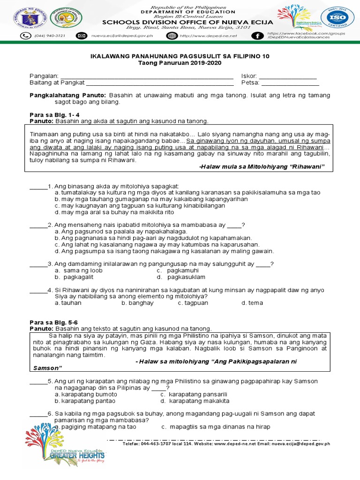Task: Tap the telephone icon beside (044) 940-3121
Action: click(24, 36)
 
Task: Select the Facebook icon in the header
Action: click(257, 36)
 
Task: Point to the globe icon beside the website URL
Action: click(172, 36)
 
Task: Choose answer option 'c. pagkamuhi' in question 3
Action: click(178, 270)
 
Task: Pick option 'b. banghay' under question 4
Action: click(138, 303)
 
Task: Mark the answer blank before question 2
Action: click(38, 225)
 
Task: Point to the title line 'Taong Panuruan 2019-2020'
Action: click(180, 63)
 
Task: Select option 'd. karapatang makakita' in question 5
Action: click(195, 401)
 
